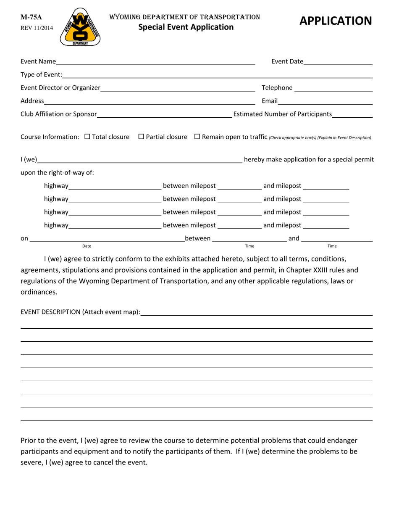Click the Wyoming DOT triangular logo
point(80,27)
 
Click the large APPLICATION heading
point(335,21)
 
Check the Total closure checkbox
point(87,137)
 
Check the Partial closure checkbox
point(141,137)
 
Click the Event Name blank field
point(155,62)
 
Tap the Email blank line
point(325,101)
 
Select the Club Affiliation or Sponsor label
point(59,114)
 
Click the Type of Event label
point(41,75)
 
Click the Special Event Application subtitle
point(186,27)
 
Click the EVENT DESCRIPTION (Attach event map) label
point(81,312)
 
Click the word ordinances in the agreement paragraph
point(39,292)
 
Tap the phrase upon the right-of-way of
point(58,172)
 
